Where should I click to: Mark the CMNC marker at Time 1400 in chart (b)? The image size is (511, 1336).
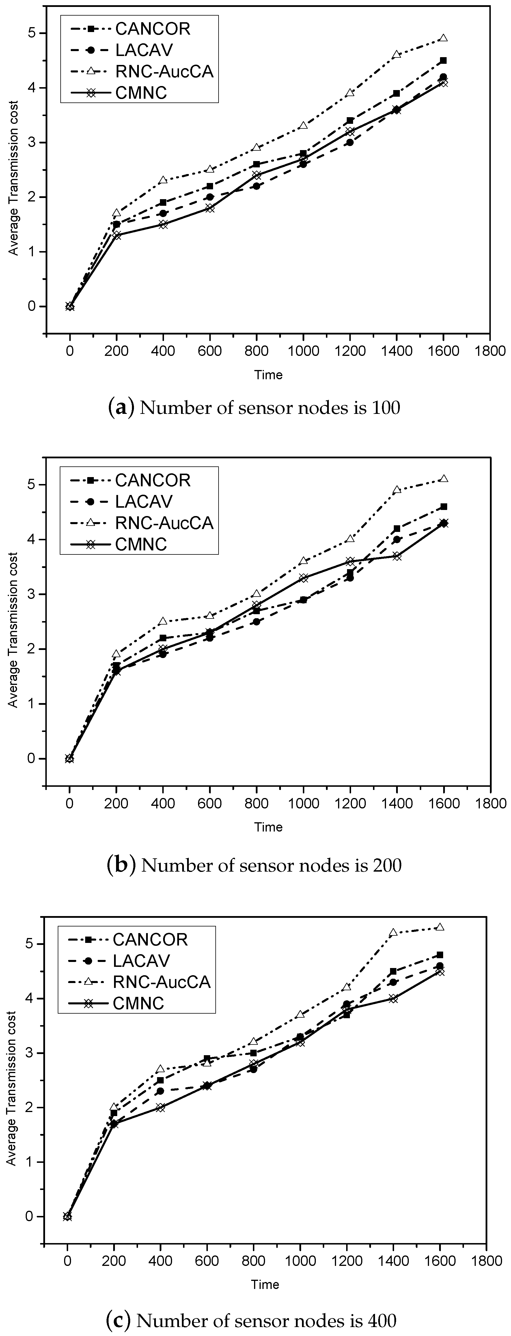[397, 556]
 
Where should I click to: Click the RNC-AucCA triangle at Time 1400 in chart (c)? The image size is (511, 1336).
[393, 933]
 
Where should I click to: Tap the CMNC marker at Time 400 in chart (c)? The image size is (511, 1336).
[160, 1107]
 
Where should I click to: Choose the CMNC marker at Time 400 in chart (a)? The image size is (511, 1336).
[163, 225]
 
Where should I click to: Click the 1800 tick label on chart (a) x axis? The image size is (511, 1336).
[490, 351]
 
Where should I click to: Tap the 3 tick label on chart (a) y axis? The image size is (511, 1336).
[35, 143]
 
